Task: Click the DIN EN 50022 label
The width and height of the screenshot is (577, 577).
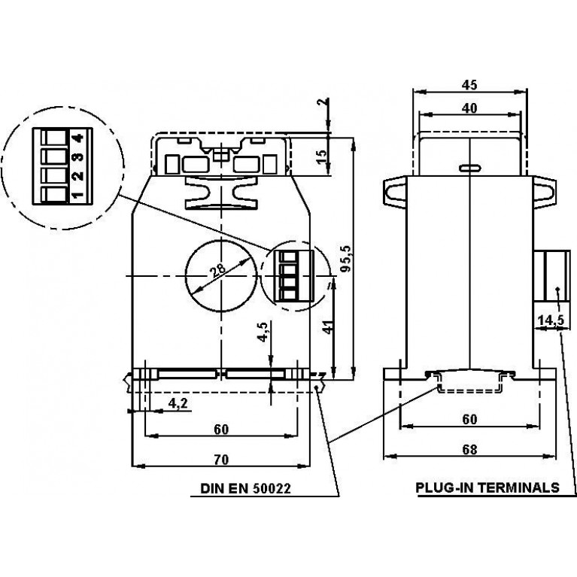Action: [x=245, y=488]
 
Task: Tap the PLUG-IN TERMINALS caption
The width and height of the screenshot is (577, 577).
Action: [x=487, y=487]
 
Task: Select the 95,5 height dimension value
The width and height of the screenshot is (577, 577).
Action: [x=346, y=259]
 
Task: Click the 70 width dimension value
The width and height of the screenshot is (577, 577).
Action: [x=221, y=460]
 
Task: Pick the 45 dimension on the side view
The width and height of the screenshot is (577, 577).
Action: [x=469, y=85]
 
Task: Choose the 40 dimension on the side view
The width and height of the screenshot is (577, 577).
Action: [x=469, y=108]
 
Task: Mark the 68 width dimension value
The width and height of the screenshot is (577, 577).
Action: [x=469, y=450]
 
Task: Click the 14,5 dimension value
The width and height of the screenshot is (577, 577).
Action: [x=551, y=320]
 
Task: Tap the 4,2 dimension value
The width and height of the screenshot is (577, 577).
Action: [x=178, y=403]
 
